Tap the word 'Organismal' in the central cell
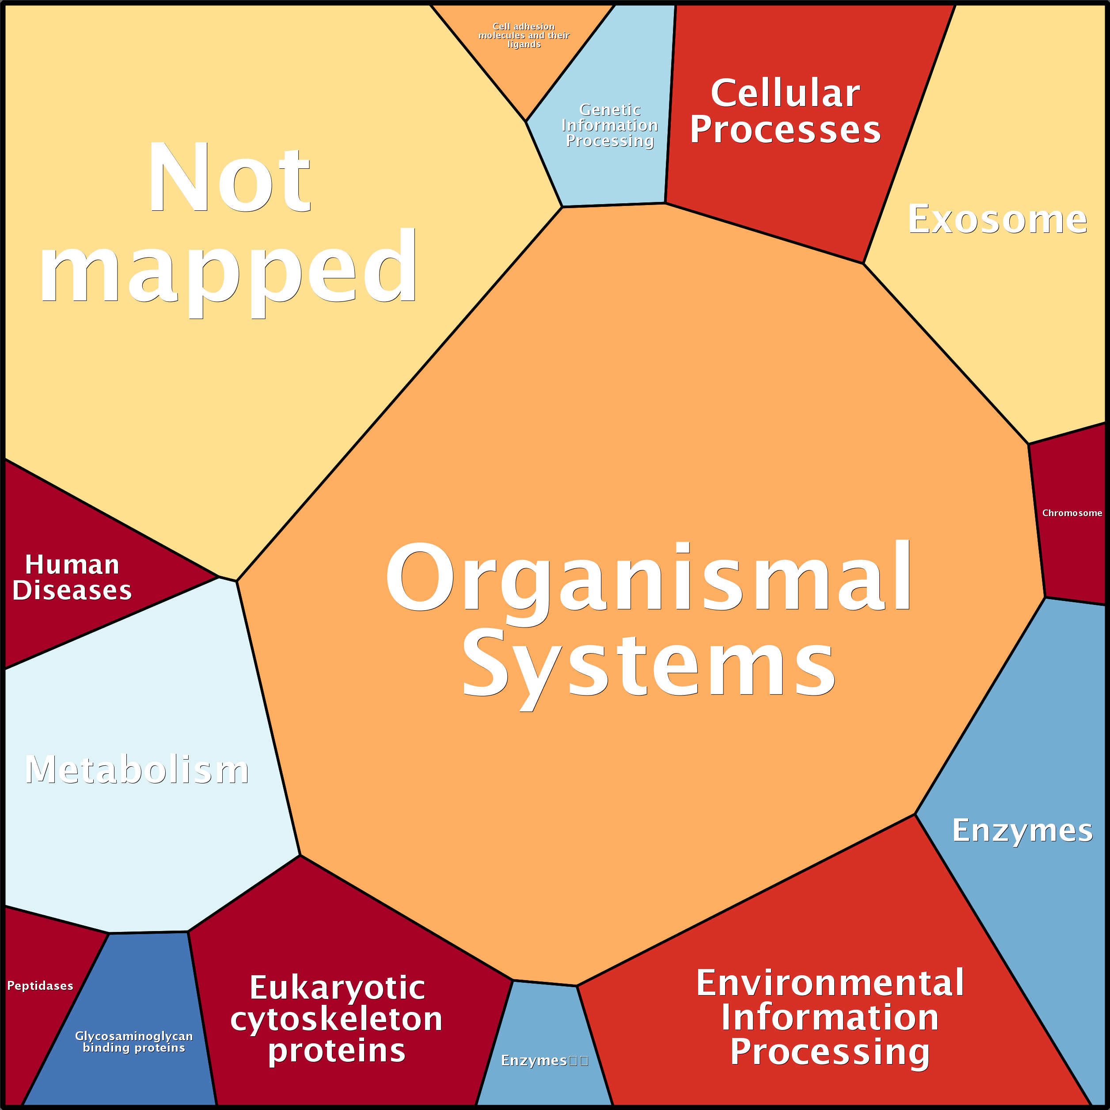pos(648,576)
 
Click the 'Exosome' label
pos(997,220)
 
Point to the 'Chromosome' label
pos(1072,513)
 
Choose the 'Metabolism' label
pos(137,770)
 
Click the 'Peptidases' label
pos(40,986)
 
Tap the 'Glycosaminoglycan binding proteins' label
pos(134,1042)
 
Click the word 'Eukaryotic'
pos(337,988)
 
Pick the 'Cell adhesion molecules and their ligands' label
pos(524,36)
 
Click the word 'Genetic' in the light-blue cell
pos(610,110)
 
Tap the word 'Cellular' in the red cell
pos(785,93)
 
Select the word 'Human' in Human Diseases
pos(72,565)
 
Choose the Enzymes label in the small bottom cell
pos(534,1061)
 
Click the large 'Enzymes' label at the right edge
pos(1022,831)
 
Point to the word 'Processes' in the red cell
pos(785,130)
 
